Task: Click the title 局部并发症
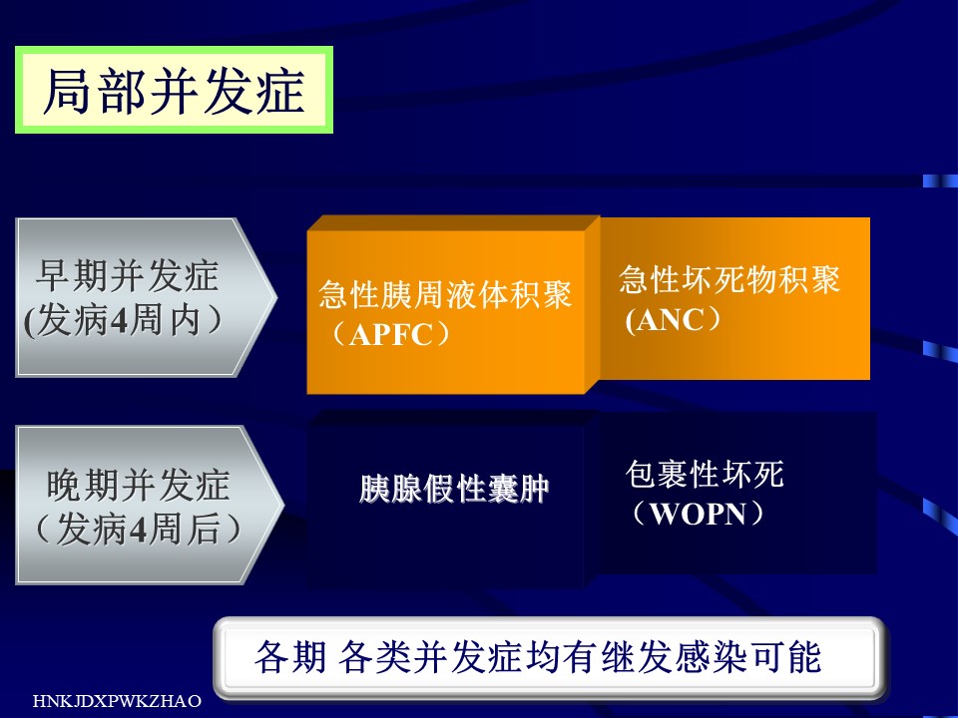174,91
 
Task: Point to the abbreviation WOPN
698,514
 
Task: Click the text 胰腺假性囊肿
454,489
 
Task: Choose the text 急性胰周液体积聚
445,295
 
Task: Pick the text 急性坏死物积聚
729,279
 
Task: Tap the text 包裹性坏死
705,475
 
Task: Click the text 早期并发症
127,276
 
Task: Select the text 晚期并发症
138,486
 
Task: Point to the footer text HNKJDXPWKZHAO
117,700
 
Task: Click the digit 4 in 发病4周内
120,321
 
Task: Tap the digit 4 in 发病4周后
140,530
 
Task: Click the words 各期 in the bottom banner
290,657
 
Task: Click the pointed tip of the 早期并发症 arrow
276,297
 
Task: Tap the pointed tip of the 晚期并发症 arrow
283,505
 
